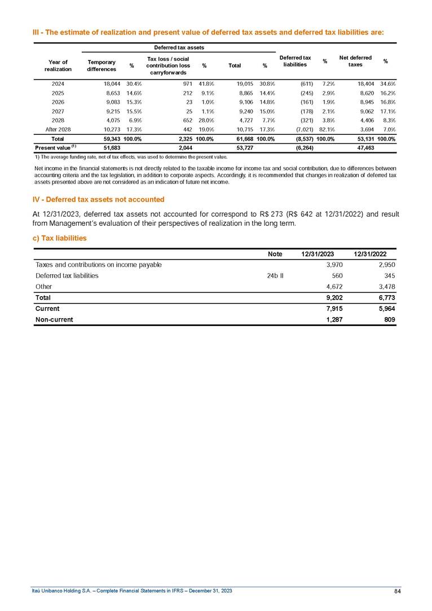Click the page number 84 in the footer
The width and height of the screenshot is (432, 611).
tap(397, 591)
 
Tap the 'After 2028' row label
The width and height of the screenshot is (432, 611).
tap(58, 129)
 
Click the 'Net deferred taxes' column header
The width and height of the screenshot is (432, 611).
tap(355, 61)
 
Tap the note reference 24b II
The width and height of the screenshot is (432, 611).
tap(275, 276)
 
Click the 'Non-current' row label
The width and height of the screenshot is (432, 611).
tap(54, 320)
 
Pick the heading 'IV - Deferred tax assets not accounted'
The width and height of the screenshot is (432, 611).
tap(98, 199)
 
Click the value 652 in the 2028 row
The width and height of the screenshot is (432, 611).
tap(188, 120)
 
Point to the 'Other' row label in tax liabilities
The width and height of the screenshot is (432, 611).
tap(43, 287)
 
